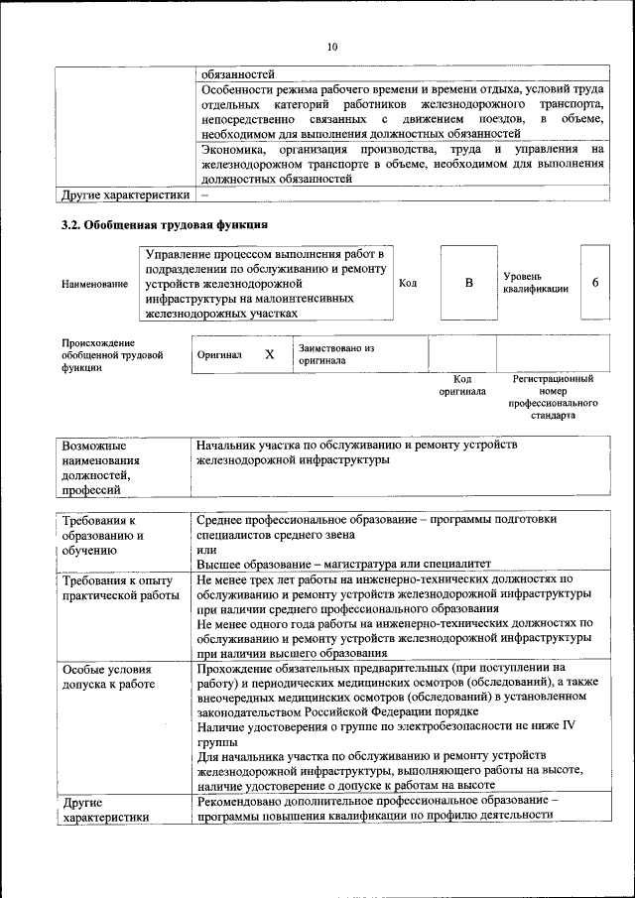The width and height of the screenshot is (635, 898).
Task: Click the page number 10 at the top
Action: click(332, 47)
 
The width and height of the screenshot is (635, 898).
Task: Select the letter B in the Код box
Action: click(469, 283)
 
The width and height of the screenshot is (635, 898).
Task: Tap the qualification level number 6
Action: click(594, 283)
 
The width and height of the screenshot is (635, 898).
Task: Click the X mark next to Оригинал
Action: click(269, 354)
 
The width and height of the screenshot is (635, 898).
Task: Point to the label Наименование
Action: click(94, 284)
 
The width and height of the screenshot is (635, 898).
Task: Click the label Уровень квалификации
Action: click(536, 282)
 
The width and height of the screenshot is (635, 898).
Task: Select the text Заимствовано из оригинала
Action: click(335, 354)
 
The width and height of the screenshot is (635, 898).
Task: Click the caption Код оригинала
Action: click(461, 385)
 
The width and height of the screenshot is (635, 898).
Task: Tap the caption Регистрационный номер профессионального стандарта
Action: click(553, 398)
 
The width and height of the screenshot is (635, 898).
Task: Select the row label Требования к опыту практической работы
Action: click(117, 587)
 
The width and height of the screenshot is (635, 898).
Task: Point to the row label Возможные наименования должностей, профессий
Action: click(100, 467)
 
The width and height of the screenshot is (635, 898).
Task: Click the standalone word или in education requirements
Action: click(206, 550)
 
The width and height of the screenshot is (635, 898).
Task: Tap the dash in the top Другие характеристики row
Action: click(203, 194)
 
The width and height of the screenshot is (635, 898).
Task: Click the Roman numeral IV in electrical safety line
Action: click(569, 726)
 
